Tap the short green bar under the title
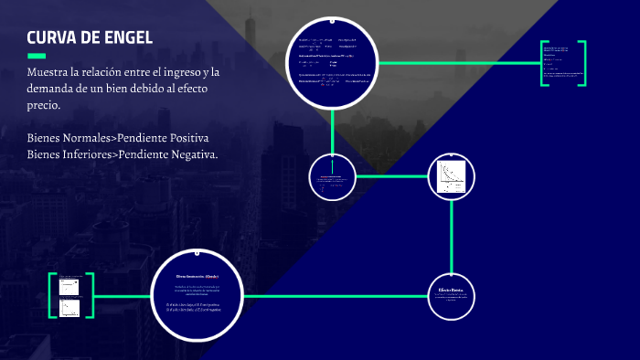tap(37, 56)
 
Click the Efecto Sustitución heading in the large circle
tap(197, 275)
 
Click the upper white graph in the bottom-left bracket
tap(69, 285)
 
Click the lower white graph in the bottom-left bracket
tap(69, 308)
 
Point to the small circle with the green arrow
tap(331, 176)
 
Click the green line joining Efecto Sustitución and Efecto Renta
tap(338, 296)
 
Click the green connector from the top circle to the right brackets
tap(457, 63)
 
